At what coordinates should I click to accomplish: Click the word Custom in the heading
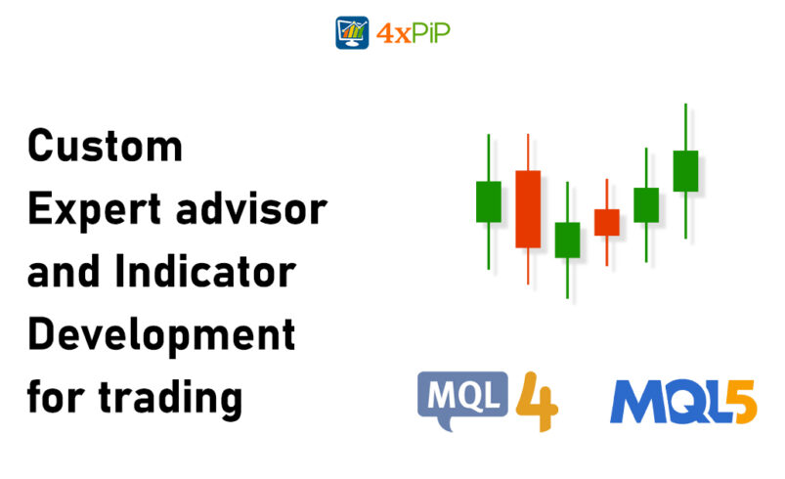(105, 147)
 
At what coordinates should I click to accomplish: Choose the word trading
(175, 398)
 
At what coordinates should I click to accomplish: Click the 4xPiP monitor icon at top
(353, 32)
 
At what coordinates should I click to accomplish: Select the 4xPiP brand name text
(413, 33)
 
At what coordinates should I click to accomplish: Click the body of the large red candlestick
(528, 208)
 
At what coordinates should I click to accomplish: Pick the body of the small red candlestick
(607, 222)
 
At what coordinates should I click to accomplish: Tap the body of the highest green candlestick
(685, 171)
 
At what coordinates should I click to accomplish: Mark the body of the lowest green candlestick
(567, 239)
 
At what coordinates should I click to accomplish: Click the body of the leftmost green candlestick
(489, 201)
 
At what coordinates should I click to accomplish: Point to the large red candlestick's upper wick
(528, 152)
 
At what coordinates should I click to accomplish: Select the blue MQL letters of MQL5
(660, 401)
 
